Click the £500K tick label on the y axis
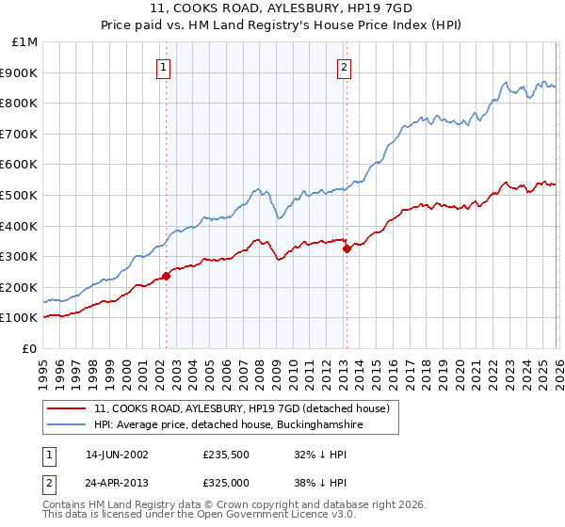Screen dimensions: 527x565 (19, 195)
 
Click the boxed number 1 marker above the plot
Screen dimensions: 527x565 (164, 67)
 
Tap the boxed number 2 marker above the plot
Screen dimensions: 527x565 (345, 67)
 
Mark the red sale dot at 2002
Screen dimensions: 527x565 (167, 276)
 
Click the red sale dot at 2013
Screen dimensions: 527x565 (347, 248)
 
